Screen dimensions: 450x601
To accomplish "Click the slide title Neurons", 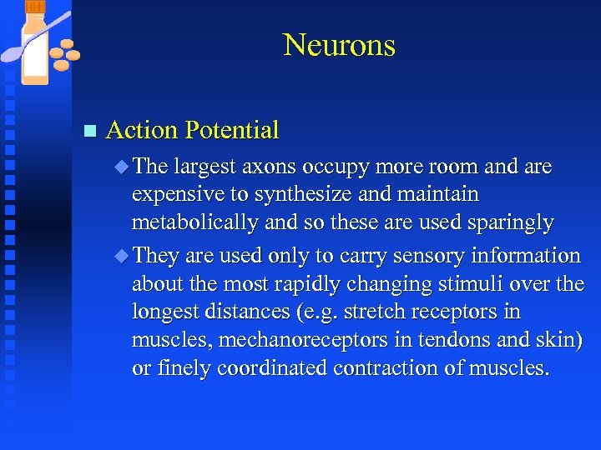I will [x=339, y=45].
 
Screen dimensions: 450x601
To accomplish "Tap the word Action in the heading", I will [x=142, y=130].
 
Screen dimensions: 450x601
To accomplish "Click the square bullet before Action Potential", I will [x=91, y=131].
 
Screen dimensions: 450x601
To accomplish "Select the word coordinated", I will [x=275, y=368].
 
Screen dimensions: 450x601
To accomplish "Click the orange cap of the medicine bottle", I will [x=35, y=7].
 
